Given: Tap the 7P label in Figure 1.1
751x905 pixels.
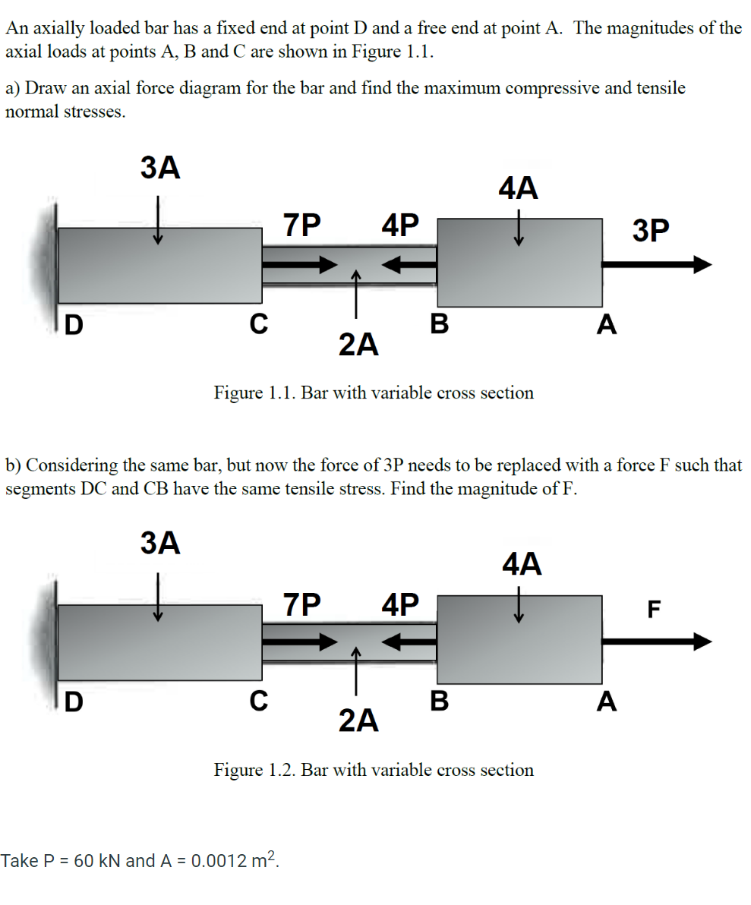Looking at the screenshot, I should (x=301, y=225).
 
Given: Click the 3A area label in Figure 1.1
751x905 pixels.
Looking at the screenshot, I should (x=160, y=169).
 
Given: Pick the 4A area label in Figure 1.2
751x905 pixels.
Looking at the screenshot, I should (x=522, y=564).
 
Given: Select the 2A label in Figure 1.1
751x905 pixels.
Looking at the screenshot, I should (x=358, y=345).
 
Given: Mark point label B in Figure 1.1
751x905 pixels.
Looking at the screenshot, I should (x=439, y=324).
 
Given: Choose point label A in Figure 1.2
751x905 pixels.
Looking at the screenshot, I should (x=605, y=702).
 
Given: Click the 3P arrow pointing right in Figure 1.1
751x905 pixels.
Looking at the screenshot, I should (x=657, y=264).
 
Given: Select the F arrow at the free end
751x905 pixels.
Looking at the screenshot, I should (x=657, y=642).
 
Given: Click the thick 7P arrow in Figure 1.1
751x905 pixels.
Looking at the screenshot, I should (x=299, y=264).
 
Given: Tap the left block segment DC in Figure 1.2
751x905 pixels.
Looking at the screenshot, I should (x=159, y=642).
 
